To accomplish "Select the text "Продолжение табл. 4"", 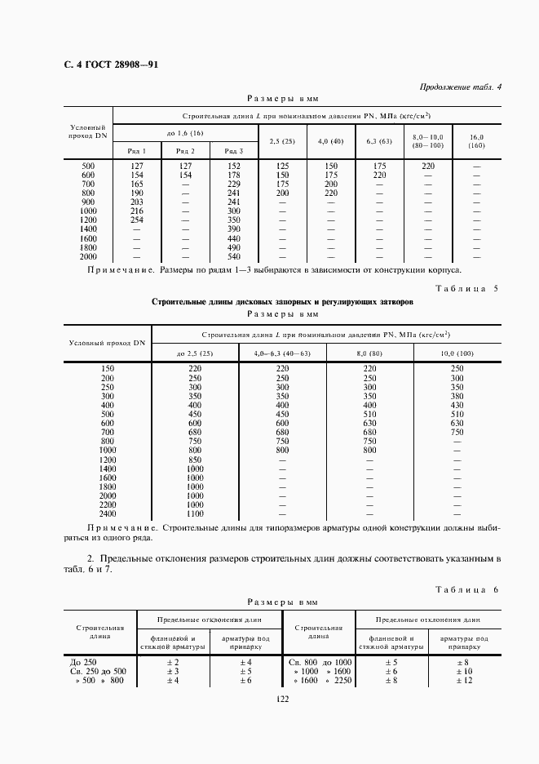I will [x=461, y=87].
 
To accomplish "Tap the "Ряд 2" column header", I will [x=185, y=151].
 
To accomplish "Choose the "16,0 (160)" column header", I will [x=477, y=141].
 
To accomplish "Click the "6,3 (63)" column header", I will [x=379, y=141].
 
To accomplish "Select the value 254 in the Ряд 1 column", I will [x=137, y=220].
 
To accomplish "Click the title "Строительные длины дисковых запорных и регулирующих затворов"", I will [x=282, y=301].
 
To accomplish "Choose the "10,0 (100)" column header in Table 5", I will [x=456, y=353].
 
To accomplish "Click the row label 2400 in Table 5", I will [x=108, y=513].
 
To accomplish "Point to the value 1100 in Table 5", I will [x=194, y=513].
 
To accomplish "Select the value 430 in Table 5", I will [x=456, y=406].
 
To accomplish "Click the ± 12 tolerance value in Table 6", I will [x=464, y=681].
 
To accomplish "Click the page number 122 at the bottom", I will [x=282, y=699].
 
